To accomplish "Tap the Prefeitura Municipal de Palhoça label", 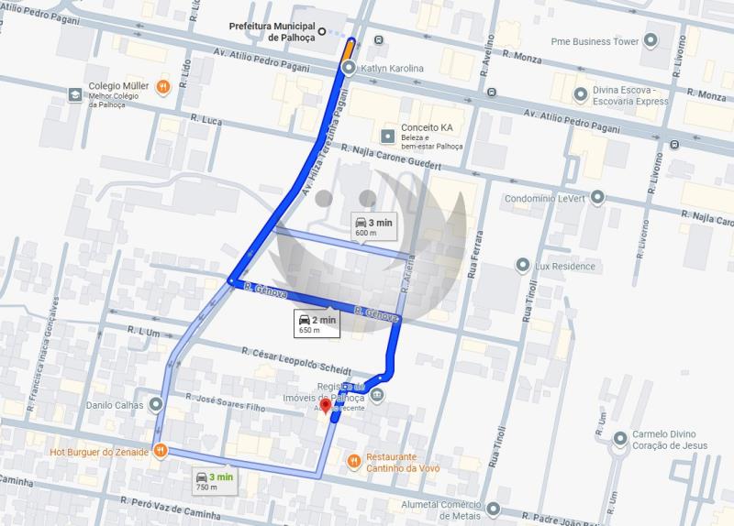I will pyautogui.click(x=272, y=32).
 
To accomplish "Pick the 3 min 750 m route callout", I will pyautogui.click(x=214, y=480).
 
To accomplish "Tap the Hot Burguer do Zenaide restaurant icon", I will pyautogui.click(x=161, y=450).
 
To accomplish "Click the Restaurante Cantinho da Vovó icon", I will pyautogui.click(x=354, y=461).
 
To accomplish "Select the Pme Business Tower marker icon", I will pyautogui.click(x=651, y=41).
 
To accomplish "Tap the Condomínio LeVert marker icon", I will pyautogui.click(x=597, y=197).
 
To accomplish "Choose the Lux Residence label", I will pyautogui.click(x=566, y=267).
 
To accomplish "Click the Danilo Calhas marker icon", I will pyautogui.click(x=157, y=403).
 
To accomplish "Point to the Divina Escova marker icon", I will pyautogui.click(x=580, y=93).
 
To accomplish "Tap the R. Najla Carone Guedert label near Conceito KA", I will pyautogui.click(x=391, y=156).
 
